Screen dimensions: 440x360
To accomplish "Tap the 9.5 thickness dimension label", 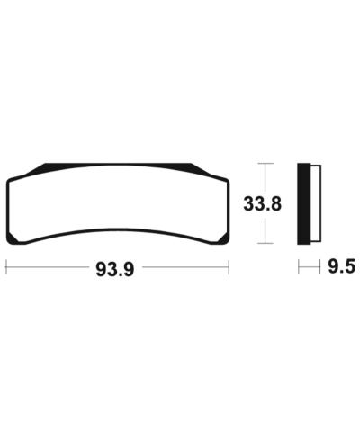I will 341,268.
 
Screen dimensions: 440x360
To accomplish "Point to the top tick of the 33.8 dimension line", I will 263,164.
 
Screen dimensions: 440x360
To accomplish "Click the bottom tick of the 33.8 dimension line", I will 263,244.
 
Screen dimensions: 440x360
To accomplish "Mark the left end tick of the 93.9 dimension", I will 7,267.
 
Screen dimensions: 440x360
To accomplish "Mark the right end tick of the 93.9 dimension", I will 229,267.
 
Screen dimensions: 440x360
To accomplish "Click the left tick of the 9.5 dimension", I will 299,267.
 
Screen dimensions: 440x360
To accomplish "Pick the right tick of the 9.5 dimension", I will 320,267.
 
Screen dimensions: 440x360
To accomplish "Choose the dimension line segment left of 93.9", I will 49,267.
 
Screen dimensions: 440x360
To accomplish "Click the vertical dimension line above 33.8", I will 263,178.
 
